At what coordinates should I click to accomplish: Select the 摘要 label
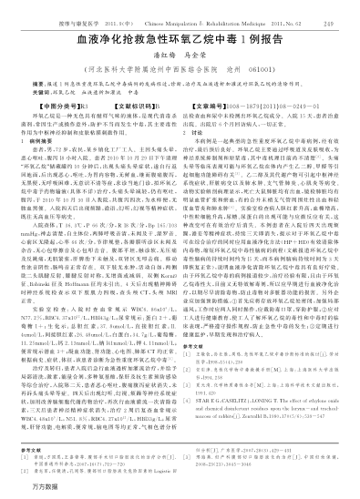pyautogui.click(x=40, y=87)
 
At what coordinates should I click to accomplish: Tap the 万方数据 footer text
pyautogui.click(x=27, y=490)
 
